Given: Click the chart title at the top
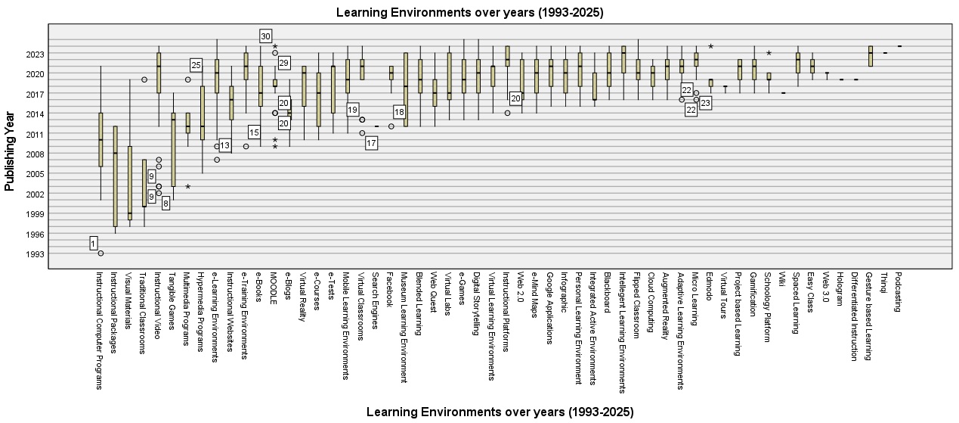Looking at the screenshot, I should [469, 12].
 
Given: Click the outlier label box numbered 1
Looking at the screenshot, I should [93, 243].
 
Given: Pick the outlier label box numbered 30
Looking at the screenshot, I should [265, 36].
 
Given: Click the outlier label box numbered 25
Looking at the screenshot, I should [196, 66].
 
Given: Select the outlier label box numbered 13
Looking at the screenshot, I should [224, 145].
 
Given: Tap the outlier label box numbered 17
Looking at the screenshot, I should [371, 143].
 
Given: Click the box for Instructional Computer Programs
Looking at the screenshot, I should [101, 139].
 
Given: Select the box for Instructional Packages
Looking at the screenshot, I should [115, 176].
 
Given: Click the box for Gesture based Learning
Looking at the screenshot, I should [871, 56].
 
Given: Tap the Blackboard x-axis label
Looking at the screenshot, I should [608, 292].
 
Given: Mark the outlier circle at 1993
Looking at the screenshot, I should [101, 253].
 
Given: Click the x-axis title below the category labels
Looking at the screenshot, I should [500, 412].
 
